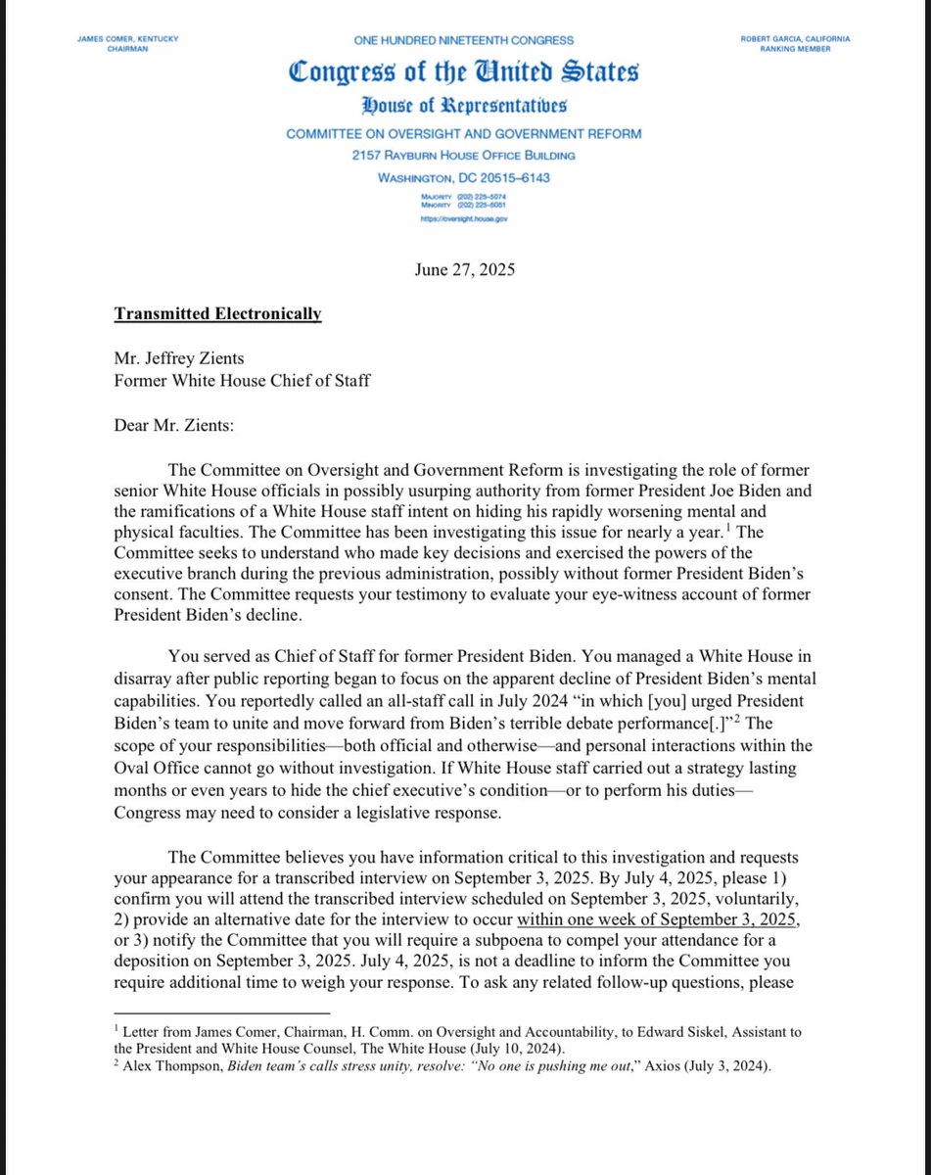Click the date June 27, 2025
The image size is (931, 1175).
[464, 270]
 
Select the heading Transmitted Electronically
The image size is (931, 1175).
[217, 314]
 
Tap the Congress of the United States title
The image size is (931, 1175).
[464, 71]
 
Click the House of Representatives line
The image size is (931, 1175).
[464, 107]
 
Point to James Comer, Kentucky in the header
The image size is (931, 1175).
[128, 38]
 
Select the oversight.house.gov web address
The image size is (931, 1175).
[464, 219]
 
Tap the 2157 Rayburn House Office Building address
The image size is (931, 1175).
[464, 156]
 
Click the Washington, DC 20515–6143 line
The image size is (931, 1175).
[464, 177]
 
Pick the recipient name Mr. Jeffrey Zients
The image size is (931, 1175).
[182, 359]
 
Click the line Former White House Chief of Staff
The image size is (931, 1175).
[242, 380]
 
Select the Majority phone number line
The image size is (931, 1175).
[464, 197]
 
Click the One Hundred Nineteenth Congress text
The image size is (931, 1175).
[464, 40]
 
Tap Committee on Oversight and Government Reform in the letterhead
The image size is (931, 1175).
[464, 134]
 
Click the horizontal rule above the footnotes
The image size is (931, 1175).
[222, 1012]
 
